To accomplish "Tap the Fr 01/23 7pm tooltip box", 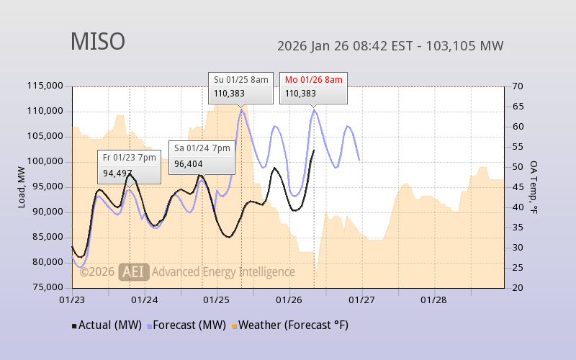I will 129,166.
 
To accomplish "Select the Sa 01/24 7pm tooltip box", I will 201,157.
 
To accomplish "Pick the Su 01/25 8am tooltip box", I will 241,86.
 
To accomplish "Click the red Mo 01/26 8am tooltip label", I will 313,79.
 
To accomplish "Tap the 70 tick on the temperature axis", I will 517,86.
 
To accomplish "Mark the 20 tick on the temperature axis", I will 517,287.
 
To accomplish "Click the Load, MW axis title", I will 22,186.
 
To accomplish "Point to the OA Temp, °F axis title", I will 534,186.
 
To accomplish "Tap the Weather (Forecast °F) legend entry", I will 290,325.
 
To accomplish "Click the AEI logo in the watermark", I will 134,271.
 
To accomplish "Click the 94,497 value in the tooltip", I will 117,173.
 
